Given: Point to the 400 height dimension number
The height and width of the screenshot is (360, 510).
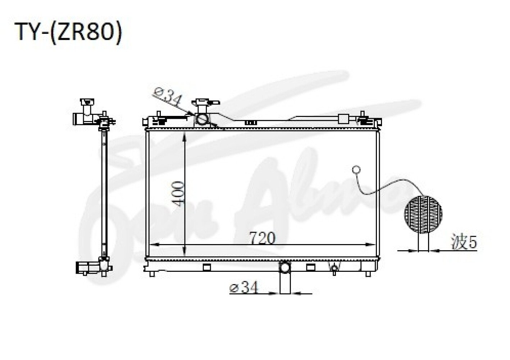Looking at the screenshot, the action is pos(178,194).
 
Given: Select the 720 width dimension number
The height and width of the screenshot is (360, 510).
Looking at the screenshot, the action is pos(263,238).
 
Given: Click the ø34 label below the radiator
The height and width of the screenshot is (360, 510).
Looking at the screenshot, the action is pos(244,288).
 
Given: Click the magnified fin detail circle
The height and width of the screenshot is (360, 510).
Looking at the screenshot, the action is pos(423,215).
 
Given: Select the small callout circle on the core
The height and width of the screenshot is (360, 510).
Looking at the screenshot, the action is pos(356,170).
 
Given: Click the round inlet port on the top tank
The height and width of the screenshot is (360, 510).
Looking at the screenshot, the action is pos(202,120).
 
